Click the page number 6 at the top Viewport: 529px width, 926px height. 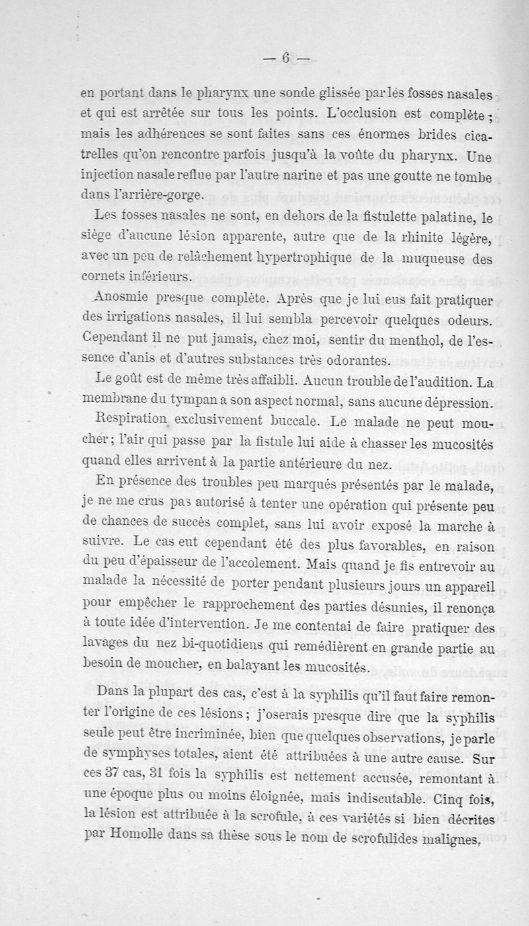286,58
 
